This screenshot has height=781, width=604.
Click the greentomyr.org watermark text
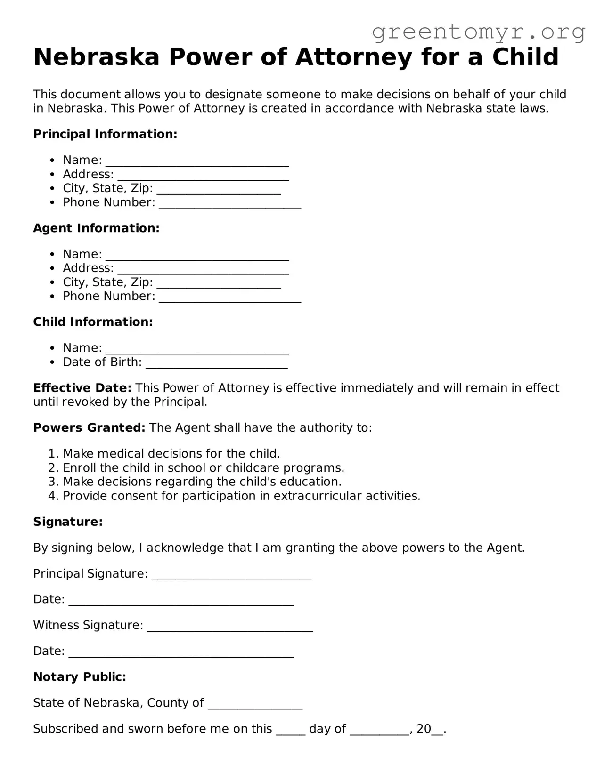[478, 32]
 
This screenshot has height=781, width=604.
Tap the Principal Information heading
[105, 134]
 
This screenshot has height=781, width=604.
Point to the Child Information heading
[93, 322]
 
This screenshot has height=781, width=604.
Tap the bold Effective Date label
[82, 388]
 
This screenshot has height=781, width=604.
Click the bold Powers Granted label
[89, 428]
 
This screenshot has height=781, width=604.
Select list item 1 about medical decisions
[171, 454]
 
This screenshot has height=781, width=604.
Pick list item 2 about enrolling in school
[203, 468]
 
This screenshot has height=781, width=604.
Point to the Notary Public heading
[80, 677]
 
